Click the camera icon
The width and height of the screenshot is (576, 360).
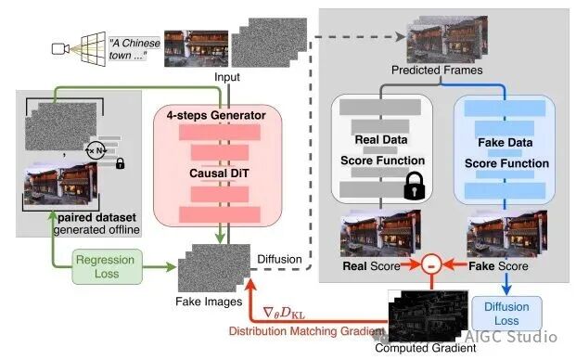pos(60,48)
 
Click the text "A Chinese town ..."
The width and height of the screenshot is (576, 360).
pos(134,49)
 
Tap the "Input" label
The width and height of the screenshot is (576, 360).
pos(227,77)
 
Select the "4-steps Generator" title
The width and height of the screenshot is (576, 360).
pos(216,115)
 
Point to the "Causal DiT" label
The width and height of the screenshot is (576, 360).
pos(219,173)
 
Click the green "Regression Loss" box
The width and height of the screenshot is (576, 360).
pos(107,266)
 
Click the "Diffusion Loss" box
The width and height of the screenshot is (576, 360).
pos(506,314)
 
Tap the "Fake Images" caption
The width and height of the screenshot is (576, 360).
pos(209,302)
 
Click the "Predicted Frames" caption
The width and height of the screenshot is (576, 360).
pos(437,70)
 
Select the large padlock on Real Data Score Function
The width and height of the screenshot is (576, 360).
pos(414,186)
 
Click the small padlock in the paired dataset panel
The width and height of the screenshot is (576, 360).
pos(120,162)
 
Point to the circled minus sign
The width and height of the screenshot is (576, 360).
pos(431,264)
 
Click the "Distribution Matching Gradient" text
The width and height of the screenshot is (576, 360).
pos(306,331)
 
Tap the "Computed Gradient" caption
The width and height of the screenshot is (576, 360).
pos(426,348)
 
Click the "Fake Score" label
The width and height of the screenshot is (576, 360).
pos(498,266)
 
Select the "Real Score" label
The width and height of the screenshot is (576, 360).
pos(371,266)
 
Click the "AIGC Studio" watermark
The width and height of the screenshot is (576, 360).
pos(511,337)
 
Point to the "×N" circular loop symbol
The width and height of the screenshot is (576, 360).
pos(96,150)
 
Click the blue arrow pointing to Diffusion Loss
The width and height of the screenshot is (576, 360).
pos(506,284)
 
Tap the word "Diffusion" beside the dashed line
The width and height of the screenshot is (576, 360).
pos(279,260)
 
